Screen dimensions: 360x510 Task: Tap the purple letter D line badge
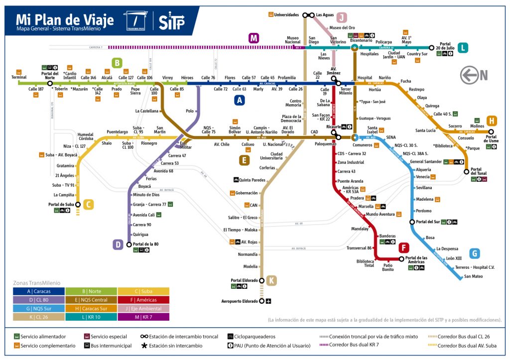coord(118,244)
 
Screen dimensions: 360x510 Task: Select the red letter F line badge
coord(404,247)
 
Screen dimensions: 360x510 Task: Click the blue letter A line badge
coord(240,100)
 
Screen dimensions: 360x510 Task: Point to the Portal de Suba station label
coord(61,204)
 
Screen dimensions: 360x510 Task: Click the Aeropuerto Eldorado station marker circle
coord(262,301)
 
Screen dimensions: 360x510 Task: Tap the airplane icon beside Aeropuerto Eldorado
coord(269,301)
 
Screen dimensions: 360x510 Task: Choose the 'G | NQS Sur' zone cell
coord(39,308)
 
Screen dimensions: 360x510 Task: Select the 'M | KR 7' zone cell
coord(143,317)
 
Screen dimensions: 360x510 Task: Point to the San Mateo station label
coord(473,276)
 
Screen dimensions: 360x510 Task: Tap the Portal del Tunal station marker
coord(467,171)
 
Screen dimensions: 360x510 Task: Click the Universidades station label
coord(286,15)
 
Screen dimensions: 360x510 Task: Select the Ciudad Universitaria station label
coord(283,156)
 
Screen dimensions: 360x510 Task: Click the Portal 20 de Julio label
coord(445,45)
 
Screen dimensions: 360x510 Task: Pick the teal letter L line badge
coord(464,48)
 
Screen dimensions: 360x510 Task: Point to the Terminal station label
coord(19,77)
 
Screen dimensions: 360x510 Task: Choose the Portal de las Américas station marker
coord(401,258)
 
